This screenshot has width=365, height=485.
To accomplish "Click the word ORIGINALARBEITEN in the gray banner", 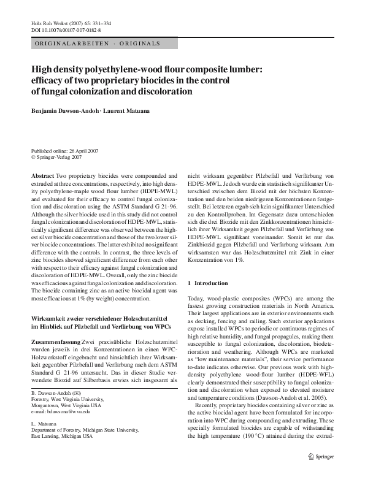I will (x=65, y=44).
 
